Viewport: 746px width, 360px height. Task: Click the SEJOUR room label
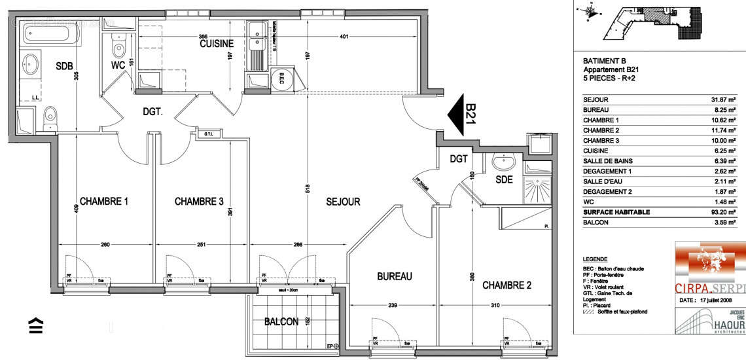point(343,202)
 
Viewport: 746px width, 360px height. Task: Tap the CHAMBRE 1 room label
point(103,202)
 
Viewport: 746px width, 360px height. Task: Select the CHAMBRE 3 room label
point(199,202)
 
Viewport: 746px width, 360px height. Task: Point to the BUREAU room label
point(395,277)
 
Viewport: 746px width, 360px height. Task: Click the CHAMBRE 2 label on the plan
point(506,285)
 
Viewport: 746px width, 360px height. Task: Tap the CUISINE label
point(217,43)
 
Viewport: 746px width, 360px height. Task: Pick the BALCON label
point(281,321)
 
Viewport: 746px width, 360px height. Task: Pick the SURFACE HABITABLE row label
point(616,212)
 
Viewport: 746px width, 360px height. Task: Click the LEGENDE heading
point(594,259)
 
